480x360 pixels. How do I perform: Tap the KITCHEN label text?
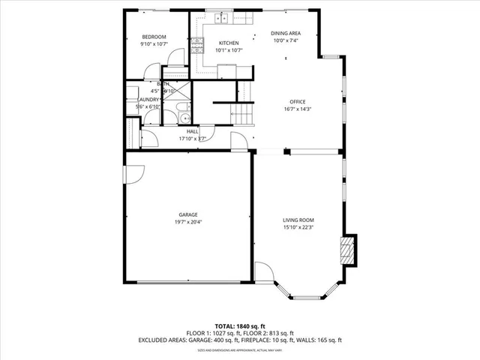coord(228,43)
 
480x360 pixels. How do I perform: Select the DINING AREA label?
coord(285,34)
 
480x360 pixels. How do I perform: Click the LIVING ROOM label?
coord(298,220)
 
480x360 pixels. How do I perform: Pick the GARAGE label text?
coord(187,214)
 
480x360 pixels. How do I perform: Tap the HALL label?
coord(192,131)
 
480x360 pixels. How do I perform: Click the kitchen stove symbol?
coord(197,46)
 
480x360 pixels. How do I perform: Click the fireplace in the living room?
coord(346,249)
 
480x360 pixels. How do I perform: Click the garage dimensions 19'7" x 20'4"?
coord(187,222)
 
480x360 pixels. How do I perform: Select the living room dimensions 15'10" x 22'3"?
coord(298,227)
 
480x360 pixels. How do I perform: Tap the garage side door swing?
coord(133,175)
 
